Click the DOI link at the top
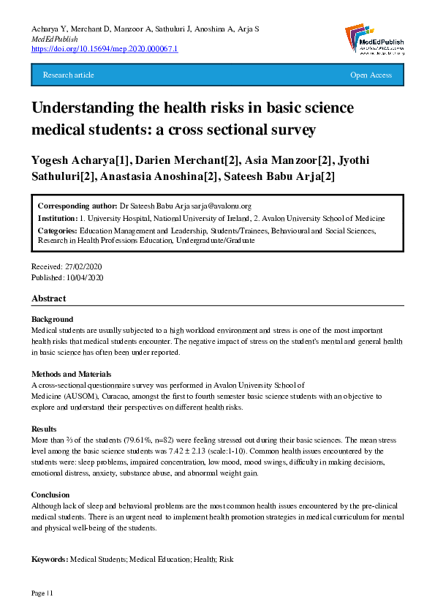coord(105,48)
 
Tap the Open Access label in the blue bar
coord(371,75)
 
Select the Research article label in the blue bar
coord(69,75)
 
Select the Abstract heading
coord(48,298)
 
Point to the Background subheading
coord(52,320)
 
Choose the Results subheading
coord(45,429)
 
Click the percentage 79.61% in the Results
coord(144,440)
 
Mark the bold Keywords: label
coord(50,560)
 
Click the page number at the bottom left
coord(42,592)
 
